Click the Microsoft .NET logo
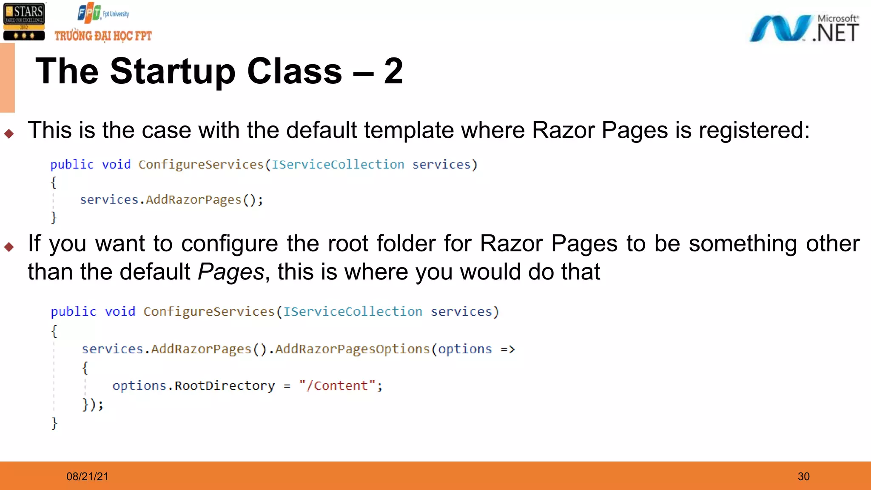tap(804, 28)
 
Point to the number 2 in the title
tap(393, 71)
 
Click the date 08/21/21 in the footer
tap(87, 476)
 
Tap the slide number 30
tap(803, 476)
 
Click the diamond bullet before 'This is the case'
tap(9, 134)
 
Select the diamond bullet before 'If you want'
tap(9, 247)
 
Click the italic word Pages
tap(231, 272)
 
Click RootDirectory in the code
tap(225, 386)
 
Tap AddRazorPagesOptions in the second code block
tap(353, 349)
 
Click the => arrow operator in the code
tap(507, 350)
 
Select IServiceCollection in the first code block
tap(338, 165)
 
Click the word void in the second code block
tap(120, 312)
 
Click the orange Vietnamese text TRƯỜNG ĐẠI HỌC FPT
tap(103, 36)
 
